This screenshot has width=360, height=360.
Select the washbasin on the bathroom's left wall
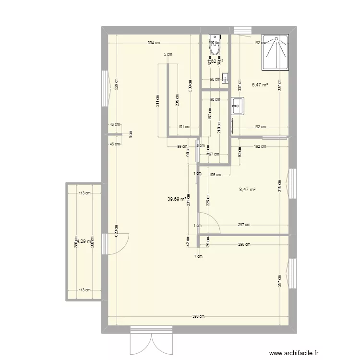click(237, 106)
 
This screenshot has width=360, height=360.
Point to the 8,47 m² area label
click(247, 190)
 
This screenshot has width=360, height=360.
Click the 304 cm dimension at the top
click(154, 43)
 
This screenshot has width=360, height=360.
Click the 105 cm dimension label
click(215, 175)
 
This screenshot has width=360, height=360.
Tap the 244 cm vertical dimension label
click(158, 101)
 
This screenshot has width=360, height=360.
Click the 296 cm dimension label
click(244, 244)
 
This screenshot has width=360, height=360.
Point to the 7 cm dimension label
click(198, 256)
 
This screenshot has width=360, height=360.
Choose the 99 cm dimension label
click(182, 146)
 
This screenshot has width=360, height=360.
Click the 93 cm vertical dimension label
click(240, 152)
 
